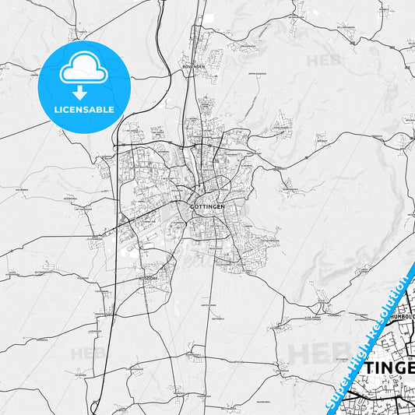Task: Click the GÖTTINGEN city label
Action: (x=207, y=206)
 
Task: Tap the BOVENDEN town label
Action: (x=193, y=67)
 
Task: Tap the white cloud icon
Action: (x=84, y=71)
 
